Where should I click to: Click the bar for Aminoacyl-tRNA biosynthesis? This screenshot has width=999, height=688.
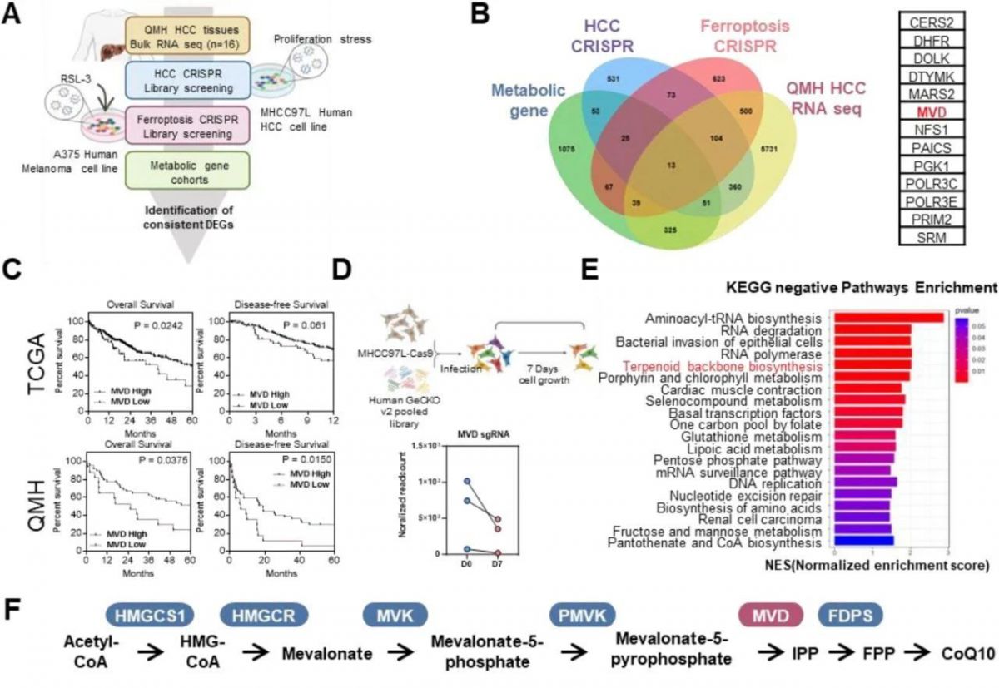887,317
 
